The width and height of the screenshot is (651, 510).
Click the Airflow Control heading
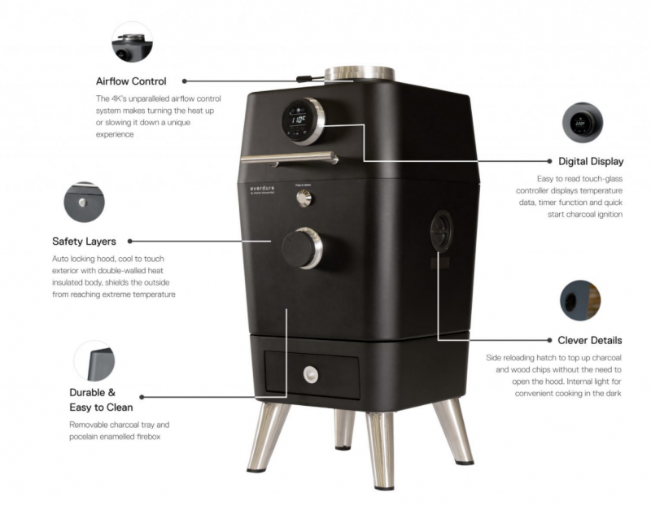click(x=131, y=81)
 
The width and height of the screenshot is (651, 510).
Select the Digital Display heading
click(x=591, y=161)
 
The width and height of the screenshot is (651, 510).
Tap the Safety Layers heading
click(x=85, y=242)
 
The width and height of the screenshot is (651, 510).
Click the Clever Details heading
click(x=589, y=340)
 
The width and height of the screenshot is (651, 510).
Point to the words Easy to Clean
click(x=101, y=408)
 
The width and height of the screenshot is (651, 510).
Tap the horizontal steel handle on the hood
click(x=290, y=158)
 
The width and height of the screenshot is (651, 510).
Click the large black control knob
click(x=302, y=248)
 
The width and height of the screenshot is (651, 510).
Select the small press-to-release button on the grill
click(x=304, y=198)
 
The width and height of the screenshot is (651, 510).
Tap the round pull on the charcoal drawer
click(x=311, y=375)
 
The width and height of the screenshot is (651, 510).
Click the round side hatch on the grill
click(x=441, y=230)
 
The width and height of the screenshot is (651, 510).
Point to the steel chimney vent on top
click(x=359, y=74)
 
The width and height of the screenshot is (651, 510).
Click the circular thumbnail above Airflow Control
click(x=132, y=42)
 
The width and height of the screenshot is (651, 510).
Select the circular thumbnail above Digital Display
click(x=583, y=123)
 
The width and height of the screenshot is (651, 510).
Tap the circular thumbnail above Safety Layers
click(x=85, y=202)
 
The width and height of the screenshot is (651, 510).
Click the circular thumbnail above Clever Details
click(x=580, y=300)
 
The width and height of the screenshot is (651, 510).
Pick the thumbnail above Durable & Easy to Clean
click(x=94, y=361)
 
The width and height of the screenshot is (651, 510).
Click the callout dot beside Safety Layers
click(x=130, y=241)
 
